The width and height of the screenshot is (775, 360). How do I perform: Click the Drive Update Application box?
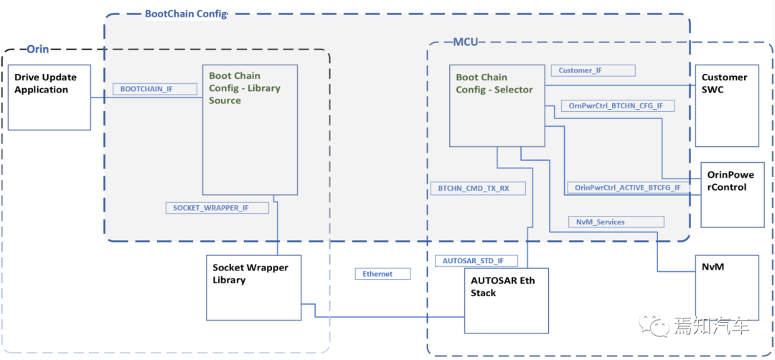point(50,98)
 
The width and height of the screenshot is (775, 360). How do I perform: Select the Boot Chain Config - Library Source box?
point(250,129)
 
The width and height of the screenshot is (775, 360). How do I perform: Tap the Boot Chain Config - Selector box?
point(497,105)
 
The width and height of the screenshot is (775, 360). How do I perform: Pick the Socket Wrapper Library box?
point(253,288)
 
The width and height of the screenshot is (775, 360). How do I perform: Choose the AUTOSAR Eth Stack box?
point(507,300)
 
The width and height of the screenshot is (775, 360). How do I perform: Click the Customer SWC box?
point(727,105)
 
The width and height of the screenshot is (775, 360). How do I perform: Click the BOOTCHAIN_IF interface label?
point(155,89)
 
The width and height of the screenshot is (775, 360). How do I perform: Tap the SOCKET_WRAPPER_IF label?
point(217,208)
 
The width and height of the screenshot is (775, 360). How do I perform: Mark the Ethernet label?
point(383,273)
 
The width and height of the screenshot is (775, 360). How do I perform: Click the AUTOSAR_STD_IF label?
point(476,261)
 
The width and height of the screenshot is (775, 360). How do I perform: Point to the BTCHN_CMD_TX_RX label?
point(477,188)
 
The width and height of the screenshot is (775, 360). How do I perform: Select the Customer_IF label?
point(593,70)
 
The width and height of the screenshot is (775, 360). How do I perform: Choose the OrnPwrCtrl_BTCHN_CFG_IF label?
point(619,105)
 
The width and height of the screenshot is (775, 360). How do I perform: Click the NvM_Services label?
point(616,222)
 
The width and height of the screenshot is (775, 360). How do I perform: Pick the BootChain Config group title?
point(186,14)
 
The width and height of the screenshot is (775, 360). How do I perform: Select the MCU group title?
point(466,42)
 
